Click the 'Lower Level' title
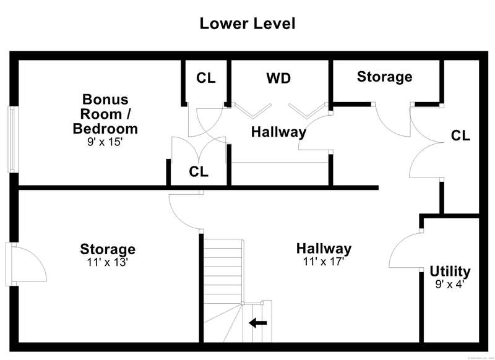[x=247, y=24]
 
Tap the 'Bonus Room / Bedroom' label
[x=105, y=114]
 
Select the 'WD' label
[x=278, y=79]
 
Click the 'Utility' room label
[x=450, y=271]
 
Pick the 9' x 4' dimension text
[x=450, y=285]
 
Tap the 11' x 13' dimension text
[x=108, y=262]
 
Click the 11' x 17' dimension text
[x=324, y=262]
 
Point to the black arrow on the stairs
[x=258, y=322]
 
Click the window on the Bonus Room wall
[x=12, y=139]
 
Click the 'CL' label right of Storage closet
[x=460, y=135]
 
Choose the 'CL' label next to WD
[x=206, y=79]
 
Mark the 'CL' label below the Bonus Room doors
[x=199, y=171]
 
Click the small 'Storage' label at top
[x=384, y=77]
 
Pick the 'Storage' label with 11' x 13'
[x=108, y=249]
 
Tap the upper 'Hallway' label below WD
[x=278, y=132]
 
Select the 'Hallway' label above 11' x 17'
[x=324, y=249]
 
